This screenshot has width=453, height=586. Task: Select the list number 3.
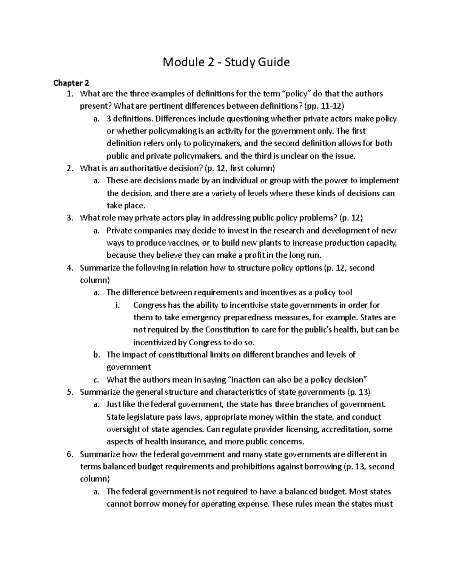(x=69, y=218)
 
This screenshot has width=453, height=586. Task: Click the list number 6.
(x=69, y=454)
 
